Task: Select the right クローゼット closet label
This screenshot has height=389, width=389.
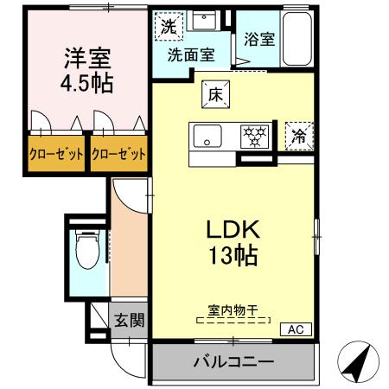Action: coord(118,156)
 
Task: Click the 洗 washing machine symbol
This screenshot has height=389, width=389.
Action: coord(169,26)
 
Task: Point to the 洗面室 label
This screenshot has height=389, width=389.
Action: coord(191,53)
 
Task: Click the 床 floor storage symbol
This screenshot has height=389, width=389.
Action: coord(215,95)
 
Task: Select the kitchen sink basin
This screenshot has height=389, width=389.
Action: coord(207,137)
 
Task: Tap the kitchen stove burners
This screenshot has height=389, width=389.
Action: coord(254,137)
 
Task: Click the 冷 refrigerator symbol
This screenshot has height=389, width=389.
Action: coord(298,135)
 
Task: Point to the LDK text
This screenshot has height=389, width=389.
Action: coord(232,230)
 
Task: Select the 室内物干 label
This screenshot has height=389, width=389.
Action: coord(233,309)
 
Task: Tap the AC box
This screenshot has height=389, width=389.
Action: coord(294,329)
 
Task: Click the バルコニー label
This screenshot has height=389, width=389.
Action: coord(233,361)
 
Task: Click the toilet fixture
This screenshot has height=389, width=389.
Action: coord(86,253)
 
